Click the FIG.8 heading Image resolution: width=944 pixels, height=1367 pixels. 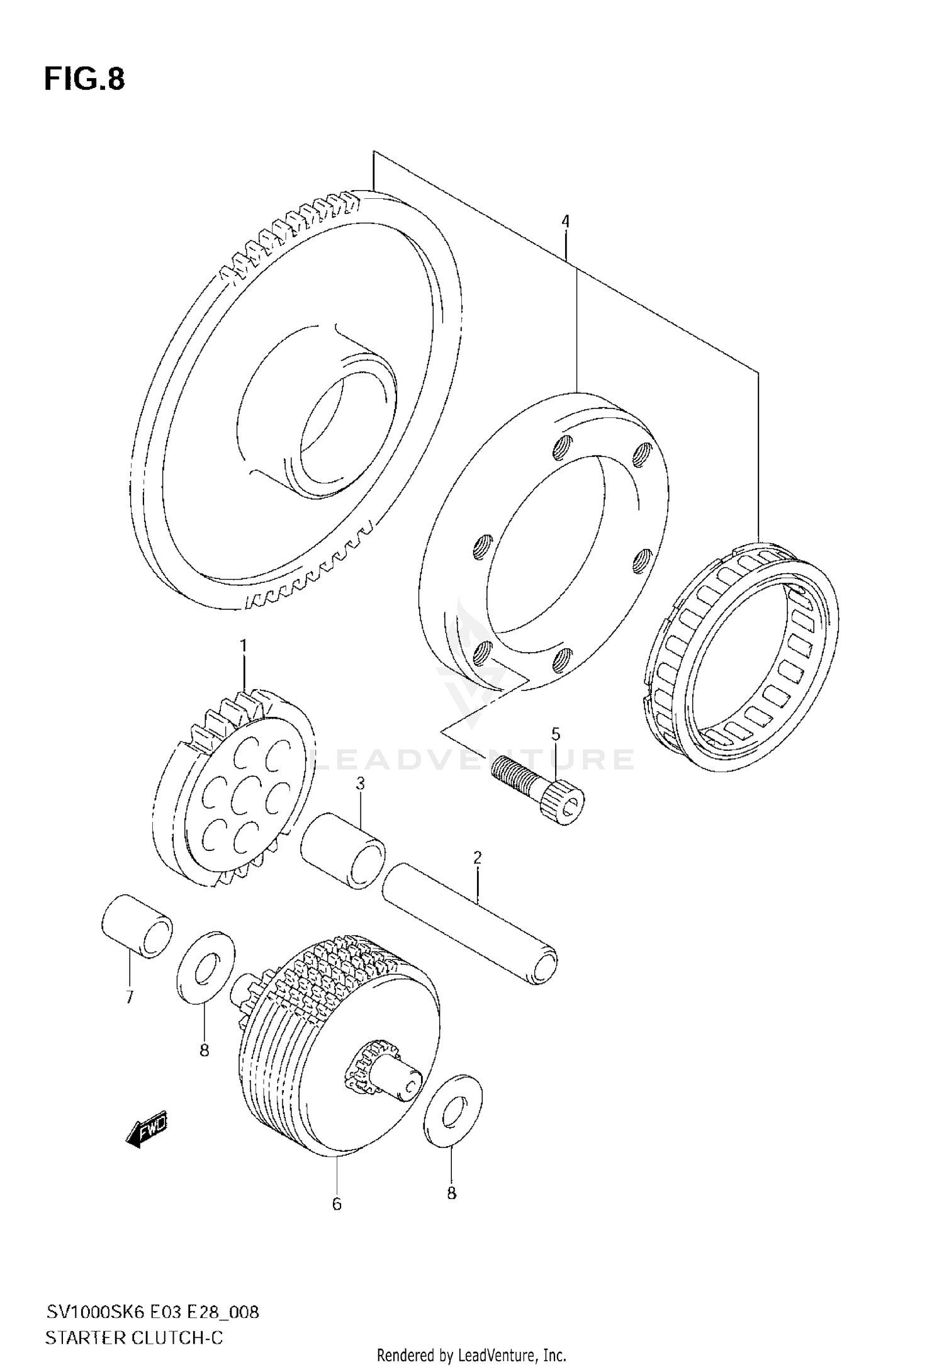[84, 80]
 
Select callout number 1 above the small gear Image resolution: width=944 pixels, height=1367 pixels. [243, 646]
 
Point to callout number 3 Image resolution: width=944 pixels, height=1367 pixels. [361, 784]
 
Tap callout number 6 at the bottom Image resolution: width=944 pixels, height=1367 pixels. [337, 1204]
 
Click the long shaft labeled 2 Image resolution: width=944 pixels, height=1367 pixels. [471, 924]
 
